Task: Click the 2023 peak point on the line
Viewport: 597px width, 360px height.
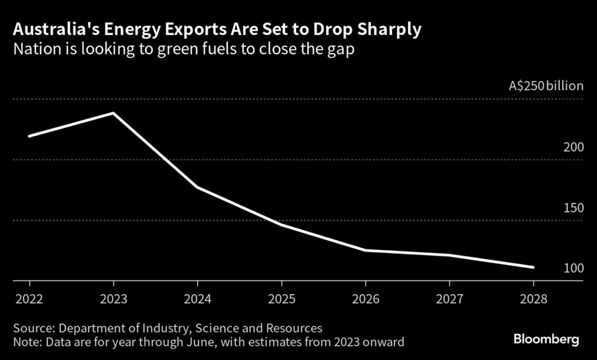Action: coord(113,113)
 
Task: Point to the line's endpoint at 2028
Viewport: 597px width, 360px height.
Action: coord(533,267)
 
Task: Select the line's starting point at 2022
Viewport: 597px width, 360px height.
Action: coord(29,136)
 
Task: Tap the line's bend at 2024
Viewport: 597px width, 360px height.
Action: coord(197,187)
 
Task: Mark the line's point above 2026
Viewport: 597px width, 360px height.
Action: coord(365,250)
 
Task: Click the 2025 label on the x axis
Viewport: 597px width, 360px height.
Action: coord(281,299)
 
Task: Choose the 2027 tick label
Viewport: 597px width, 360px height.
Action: coord(449,299)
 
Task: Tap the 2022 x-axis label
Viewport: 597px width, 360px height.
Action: coord(29,299)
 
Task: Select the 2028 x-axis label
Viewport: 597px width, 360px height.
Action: coord(533,299)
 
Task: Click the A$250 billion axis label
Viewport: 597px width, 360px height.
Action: coord(546,86)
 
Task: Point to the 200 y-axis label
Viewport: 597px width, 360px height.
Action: coord(573,147)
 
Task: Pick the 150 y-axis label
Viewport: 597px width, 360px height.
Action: coord(573,208)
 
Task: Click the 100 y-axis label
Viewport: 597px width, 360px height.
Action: coord(573,269)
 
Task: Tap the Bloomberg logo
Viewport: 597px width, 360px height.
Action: coord(546,339)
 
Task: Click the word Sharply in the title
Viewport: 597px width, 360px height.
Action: coord(390,30)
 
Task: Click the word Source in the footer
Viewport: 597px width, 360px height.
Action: coord(34,328)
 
